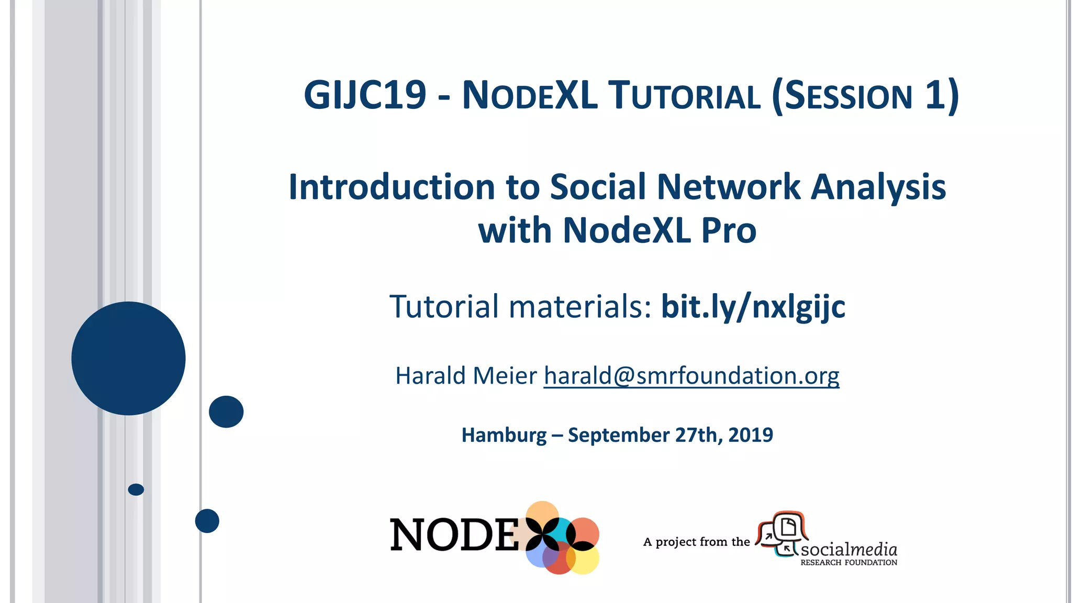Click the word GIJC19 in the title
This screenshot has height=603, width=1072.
[365, 95]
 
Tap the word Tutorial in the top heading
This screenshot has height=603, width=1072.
[684, 95]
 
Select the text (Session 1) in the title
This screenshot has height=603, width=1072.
[865, 95]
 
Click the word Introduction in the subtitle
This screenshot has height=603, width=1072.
[392, 187]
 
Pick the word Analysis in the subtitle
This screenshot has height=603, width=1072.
[878, 187]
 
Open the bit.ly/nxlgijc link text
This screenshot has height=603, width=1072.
[753, 306]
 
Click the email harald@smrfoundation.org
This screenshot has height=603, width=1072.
[691, 376]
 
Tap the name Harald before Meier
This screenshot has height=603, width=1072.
[430, 376]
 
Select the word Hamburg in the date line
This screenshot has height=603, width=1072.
[504, 435]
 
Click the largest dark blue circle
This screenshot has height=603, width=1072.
[128, 359]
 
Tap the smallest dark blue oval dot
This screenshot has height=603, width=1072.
[136, 489]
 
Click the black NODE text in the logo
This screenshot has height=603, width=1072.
[454, 535]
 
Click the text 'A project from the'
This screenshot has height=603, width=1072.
[696, 542]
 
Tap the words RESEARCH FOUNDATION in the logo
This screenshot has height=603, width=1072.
[848, 563]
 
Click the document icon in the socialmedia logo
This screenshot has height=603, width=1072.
[788, 527]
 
